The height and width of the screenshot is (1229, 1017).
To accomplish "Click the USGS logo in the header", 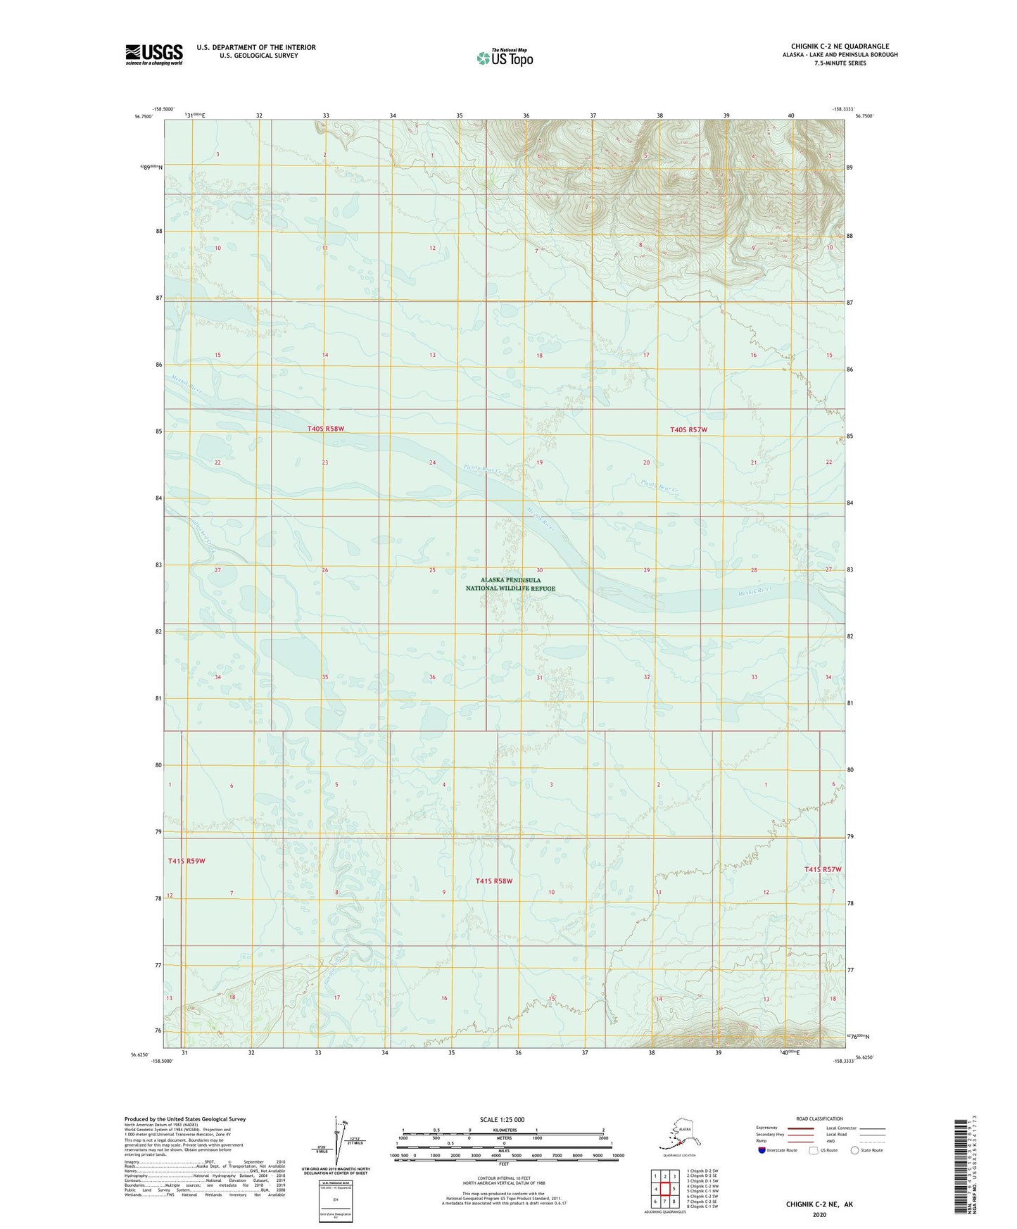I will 153,54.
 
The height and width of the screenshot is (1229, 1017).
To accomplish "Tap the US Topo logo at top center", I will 505,58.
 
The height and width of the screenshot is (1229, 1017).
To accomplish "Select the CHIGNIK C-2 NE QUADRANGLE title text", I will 840,46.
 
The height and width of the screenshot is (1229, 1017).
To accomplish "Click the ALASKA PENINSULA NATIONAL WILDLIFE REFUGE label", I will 510,584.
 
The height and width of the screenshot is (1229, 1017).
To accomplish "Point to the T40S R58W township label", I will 325,429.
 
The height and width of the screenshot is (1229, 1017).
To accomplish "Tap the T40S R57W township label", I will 688,429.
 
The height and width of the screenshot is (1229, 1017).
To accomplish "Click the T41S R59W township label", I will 187,861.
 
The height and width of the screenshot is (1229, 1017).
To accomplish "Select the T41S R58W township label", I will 493,881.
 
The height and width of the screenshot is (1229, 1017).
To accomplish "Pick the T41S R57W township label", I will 823,869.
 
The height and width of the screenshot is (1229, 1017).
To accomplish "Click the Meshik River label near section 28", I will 755,591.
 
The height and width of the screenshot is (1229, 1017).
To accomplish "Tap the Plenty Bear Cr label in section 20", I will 659,485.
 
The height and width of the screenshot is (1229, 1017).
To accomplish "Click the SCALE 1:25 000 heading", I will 503,1119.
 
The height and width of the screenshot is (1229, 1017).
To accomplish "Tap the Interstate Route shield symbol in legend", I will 762,1149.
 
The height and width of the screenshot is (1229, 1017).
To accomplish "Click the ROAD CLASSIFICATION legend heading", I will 819,1118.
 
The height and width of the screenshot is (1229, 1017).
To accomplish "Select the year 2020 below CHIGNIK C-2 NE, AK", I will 819,1214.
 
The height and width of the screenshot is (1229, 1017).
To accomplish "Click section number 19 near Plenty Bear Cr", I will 540,462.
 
